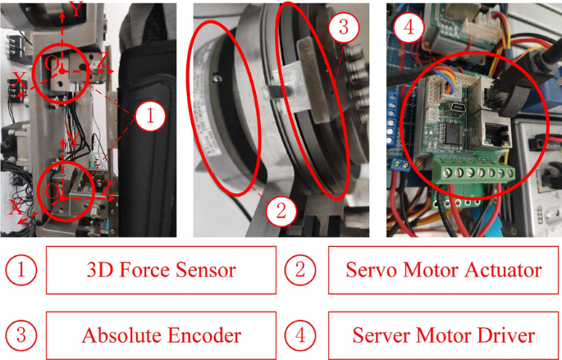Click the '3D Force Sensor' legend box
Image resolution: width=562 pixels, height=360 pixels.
pyautogui.click(x=160, y=270)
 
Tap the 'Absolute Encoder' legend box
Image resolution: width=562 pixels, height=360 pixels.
pyautogui.click(x=160, y=336)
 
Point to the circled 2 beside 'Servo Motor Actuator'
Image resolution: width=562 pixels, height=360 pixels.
pyautogui.click(x=300, y=270)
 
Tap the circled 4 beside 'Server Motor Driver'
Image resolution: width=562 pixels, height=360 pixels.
pyautogui.click(x=300, y=336)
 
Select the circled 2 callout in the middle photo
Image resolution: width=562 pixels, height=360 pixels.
pyautogui.click(x=280, y=211)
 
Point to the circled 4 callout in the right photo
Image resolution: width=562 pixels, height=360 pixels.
pyautogui.click(x=409, y=28)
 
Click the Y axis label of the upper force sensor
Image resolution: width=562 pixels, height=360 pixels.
pyautogui.click(x=76, y=10)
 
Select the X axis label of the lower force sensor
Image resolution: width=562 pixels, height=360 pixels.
pyautogui.click(x=15, y=209)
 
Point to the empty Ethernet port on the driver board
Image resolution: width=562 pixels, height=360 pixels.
pyautogui.click(x=496, y=131)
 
